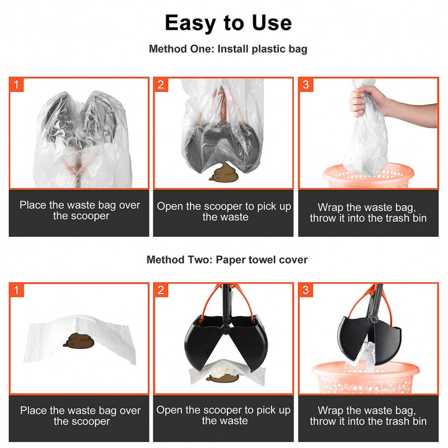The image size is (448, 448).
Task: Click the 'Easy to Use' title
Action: [x=228, y=23]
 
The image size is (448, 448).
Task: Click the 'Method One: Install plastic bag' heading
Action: [x=228, y=49]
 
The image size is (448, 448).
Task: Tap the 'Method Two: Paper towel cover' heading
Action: [x=227, y=260]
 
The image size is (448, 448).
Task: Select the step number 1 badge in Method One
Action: [x=16, y=85]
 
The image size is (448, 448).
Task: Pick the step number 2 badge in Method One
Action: [x=161, y=85]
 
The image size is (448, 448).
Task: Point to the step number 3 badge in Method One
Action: [x=306, y=85]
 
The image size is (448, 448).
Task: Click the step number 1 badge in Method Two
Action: [x=16, y=290]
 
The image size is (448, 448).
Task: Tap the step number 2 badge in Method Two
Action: [x=161, y=290]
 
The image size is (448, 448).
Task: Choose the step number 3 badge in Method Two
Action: [x=306, y=290]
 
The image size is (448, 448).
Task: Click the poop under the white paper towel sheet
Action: [x=79, y=340]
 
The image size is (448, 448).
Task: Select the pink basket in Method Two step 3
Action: [x=366, y=377]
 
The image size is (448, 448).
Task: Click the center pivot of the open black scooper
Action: [x=226, y=329]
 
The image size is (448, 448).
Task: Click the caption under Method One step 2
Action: [x=224, y=212]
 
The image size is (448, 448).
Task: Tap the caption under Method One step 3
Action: [x=368, y=213]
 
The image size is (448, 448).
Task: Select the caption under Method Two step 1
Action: [x=80, y=416]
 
